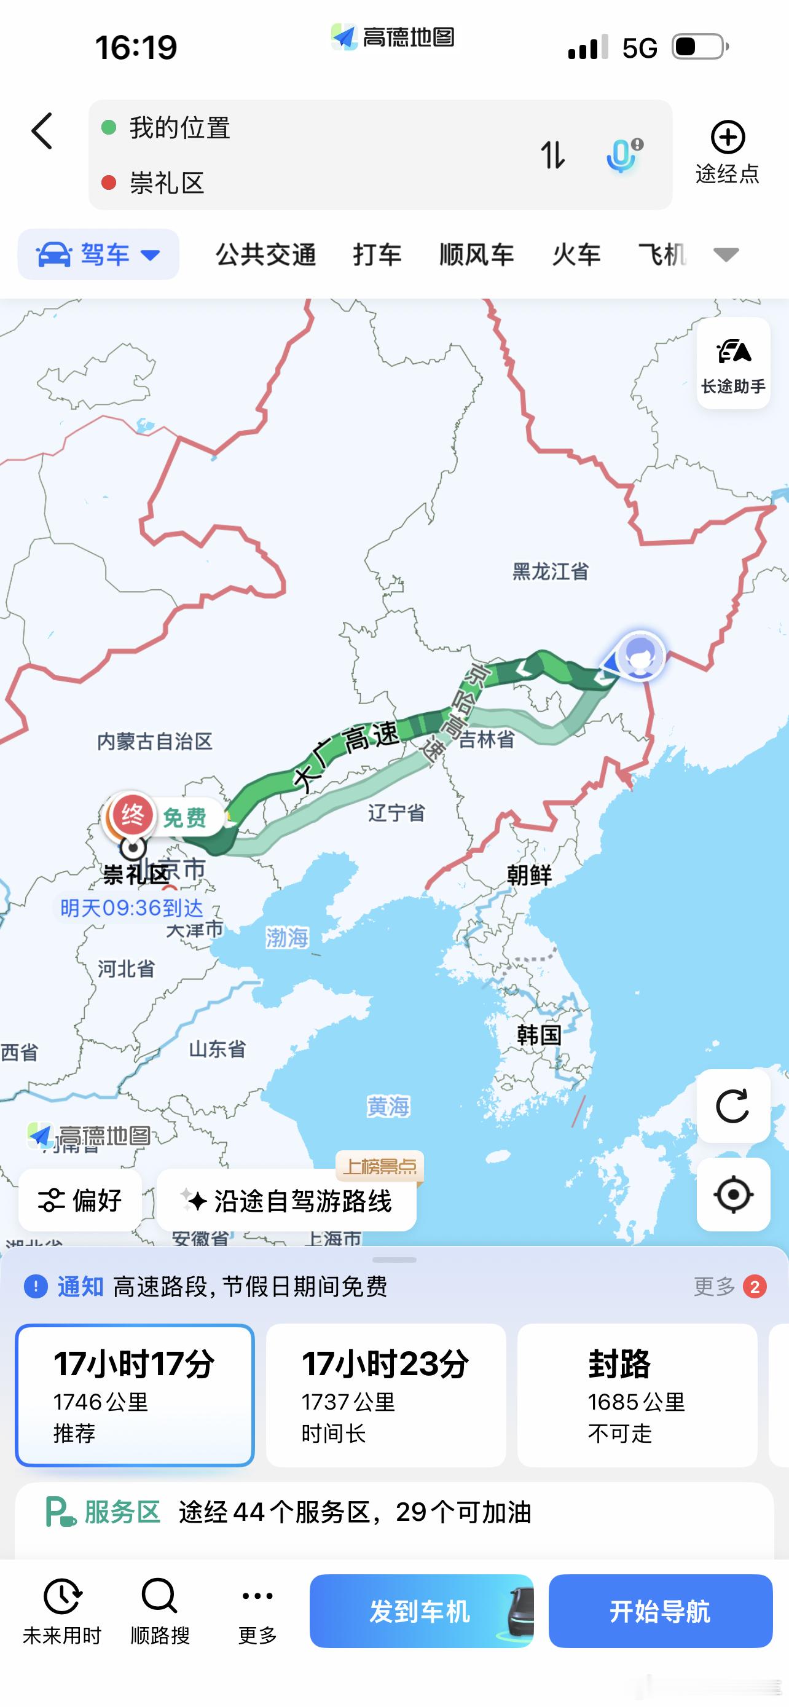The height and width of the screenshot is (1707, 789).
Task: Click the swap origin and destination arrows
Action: point(552,155)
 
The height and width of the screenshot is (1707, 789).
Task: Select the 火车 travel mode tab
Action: point(576,254)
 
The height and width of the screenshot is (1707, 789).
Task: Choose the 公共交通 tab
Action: point(265,254)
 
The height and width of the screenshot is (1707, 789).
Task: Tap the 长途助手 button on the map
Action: point(732,363)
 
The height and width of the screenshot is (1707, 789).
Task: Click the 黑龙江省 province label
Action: point(551,571)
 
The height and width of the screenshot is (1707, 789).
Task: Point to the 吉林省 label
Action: point(487,740)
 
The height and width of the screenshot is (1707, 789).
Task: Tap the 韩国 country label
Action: point(538,1034)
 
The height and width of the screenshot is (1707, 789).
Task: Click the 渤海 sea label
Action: point(287,937)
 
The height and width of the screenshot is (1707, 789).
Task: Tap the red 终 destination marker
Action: point(133,814)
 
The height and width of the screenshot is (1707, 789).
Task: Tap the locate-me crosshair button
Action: point(732,1195)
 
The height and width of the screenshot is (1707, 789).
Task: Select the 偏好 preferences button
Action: point(80,1200)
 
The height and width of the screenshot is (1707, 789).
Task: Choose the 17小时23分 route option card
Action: point(385,1395)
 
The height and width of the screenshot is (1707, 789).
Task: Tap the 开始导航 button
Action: point(660,1611)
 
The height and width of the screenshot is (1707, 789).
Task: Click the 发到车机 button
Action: point(421,1611)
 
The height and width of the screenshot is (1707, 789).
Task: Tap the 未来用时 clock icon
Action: point(61,1596)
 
